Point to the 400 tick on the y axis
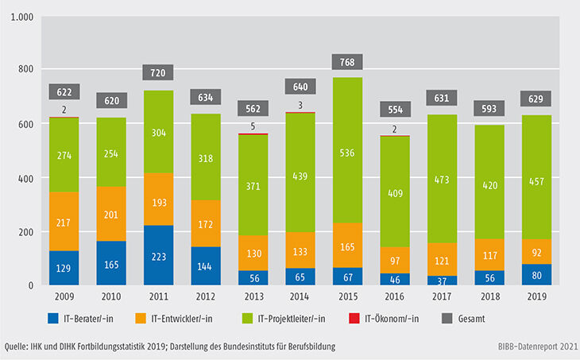(25, 178)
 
